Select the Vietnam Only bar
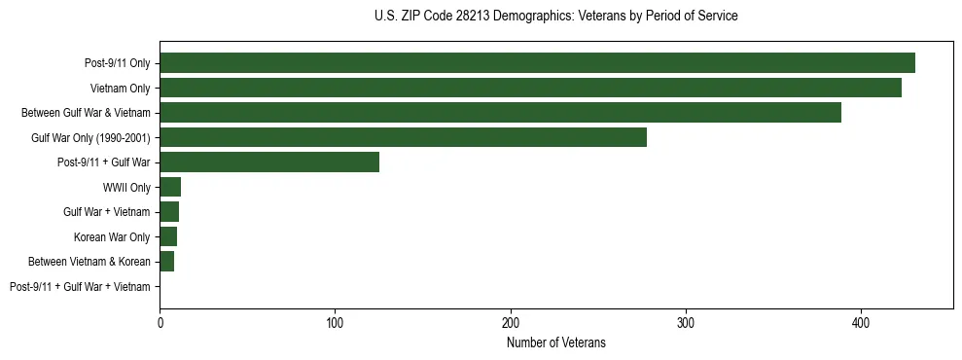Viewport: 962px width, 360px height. coord(530,88)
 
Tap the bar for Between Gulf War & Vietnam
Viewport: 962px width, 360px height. coord(500,113)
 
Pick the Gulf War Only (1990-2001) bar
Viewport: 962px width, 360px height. coord(403,137)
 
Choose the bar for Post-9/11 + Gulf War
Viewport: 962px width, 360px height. coord(269,162)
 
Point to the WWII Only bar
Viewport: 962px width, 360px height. coord(170,187)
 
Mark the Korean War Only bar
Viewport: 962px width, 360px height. coord(168,236)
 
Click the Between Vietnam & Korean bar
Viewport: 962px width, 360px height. coord(167,262)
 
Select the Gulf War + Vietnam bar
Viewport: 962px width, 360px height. coord(169,212)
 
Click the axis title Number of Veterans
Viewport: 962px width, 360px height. coord(556,342)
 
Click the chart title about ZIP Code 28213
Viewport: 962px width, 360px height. coord(555,17)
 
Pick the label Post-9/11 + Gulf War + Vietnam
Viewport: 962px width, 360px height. coord(80,287)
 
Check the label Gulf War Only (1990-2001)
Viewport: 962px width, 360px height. coord(90,137)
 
